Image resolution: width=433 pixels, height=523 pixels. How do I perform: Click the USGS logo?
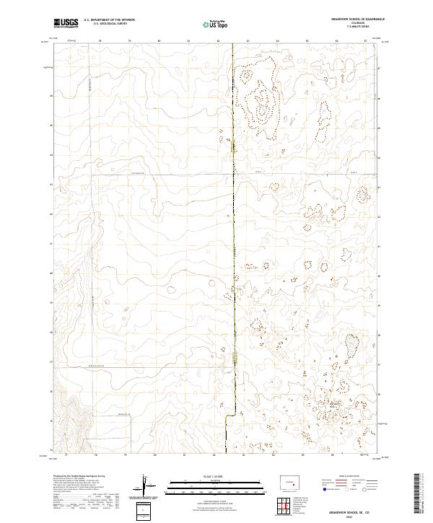coord(66,23)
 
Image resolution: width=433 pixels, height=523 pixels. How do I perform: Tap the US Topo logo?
coord(209,25)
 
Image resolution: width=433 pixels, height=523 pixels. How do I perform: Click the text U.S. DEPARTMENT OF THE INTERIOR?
coord(109,21)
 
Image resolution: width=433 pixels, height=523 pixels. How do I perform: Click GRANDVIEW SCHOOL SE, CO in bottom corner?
coord(349,512)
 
